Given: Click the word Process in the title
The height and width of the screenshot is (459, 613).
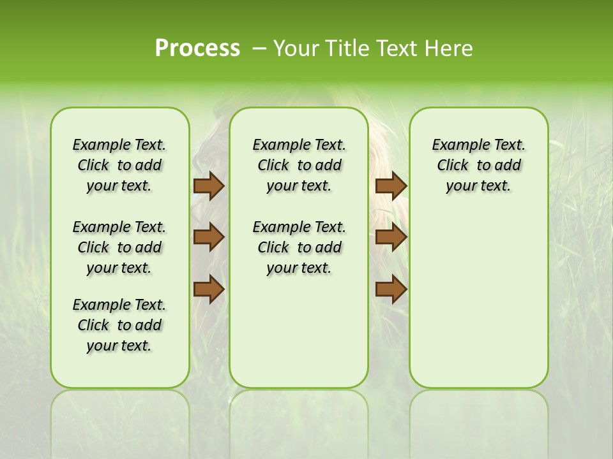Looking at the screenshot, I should click(x=197, y=48).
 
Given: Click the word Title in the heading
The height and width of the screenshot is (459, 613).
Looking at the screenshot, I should click(x=348, y=48).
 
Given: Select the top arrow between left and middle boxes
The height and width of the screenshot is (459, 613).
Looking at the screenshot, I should click(x=208, y=186).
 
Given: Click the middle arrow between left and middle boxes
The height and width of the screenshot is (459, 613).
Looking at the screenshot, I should click(x=208, y=237).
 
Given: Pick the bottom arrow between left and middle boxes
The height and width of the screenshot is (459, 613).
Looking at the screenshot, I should click(x=208, y=289).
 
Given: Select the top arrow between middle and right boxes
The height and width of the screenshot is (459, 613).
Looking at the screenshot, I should click(x=391, y=186).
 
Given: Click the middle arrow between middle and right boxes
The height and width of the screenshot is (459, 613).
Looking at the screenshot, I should click(x=391, y=237).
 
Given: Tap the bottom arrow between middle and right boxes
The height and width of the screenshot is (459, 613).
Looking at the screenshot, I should click(x=391, y=289).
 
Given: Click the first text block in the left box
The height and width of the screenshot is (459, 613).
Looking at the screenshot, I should click(x=119, y=165).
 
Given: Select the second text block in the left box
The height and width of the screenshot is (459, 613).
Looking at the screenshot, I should click(x=119, y=247).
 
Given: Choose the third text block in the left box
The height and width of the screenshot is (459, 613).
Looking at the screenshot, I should click(x=119, y=325).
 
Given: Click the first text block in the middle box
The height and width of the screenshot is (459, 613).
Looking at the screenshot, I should click(x=299, y=165).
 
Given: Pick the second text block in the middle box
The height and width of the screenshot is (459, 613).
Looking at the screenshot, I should click(x=299, y=247).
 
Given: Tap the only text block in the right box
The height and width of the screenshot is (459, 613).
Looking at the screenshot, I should click(x=478, y=165).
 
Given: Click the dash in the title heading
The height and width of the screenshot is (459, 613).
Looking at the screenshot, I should click(x=259, y=48).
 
